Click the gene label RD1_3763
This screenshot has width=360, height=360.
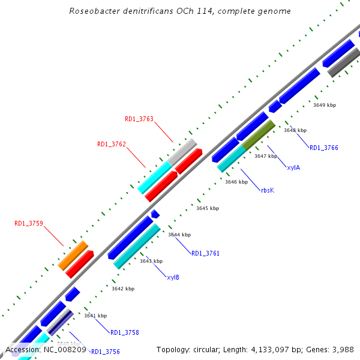pos(139,119)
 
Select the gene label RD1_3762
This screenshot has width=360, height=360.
pos(112,144)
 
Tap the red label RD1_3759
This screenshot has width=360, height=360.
pos(29,224)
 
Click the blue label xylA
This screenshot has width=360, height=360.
pos(293,167)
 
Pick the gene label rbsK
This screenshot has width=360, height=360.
pos(267,190)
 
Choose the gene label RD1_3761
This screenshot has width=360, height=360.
pos(205,253)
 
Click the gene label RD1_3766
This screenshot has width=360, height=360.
pos(324,148)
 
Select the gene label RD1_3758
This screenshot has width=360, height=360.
pos(125,332)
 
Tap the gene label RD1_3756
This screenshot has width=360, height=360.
pos(106,352)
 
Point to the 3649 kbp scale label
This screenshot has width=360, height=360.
pos(325,105)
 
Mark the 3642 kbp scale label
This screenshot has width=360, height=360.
pos(123,289)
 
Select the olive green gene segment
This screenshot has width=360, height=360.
pos(259,135)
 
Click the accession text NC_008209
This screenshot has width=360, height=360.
pos(65,349)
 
